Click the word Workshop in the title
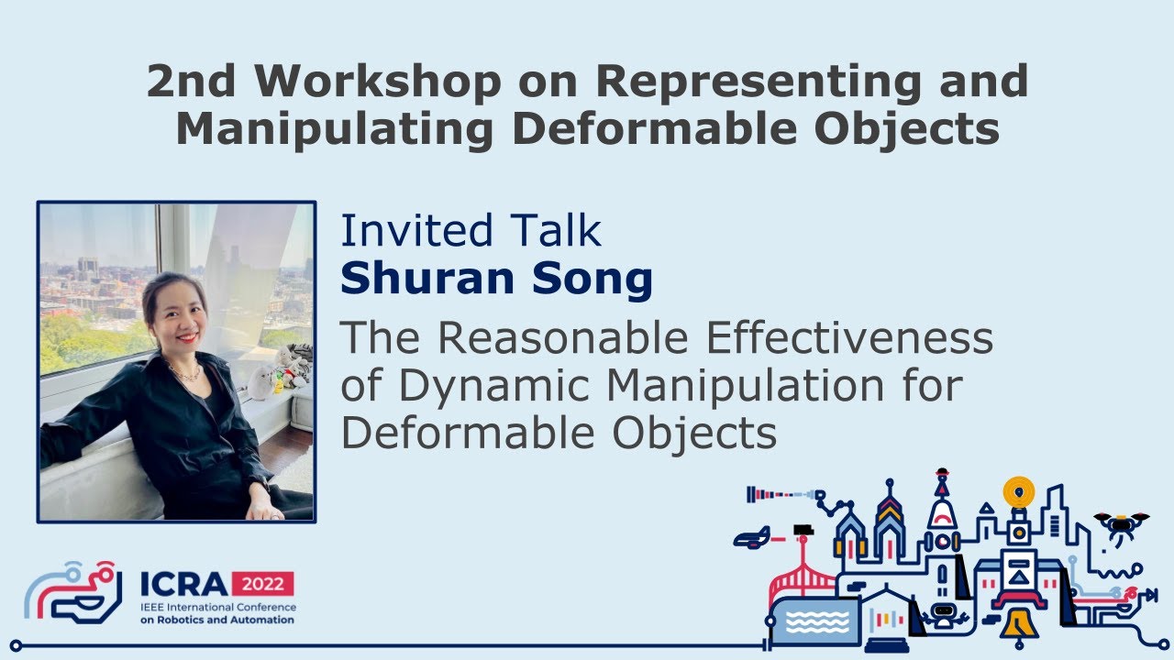377,82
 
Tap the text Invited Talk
471,230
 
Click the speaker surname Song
593,280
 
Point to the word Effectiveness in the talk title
849,338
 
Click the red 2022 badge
262,584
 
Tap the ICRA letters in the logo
184,584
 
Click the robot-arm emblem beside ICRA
73,592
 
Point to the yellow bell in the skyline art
1018,624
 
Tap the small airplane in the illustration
751,538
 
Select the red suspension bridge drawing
802,581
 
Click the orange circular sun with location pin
1018,492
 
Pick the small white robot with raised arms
943,615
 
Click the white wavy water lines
817,621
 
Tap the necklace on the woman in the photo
184,373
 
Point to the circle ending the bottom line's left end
17,645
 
